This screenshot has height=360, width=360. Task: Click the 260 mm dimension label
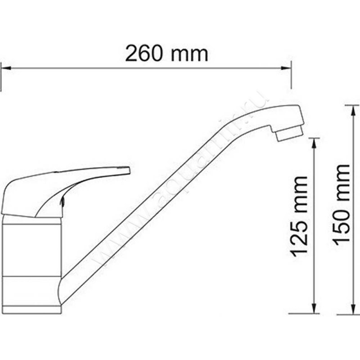tap(166, 54)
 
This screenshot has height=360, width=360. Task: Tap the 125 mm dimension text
tap(299, 216)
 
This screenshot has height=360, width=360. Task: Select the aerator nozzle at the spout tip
tap(288, 133)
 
